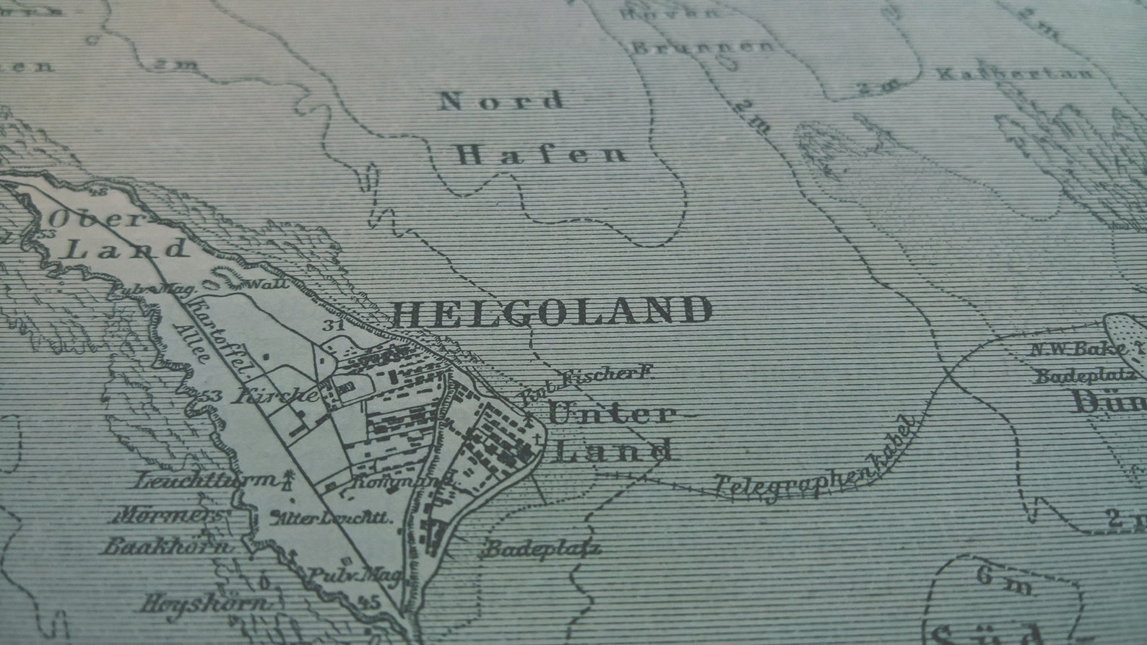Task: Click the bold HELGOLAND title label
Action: [x=553, y=312]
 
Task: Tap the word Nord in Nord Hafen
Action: [x=502, y=101]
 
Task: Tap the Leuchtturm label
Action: [x=206, y=481]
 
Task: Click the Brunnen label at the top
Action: [x=702, y=48]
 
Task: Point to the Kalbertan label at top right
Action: [x=1015, y=74]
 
